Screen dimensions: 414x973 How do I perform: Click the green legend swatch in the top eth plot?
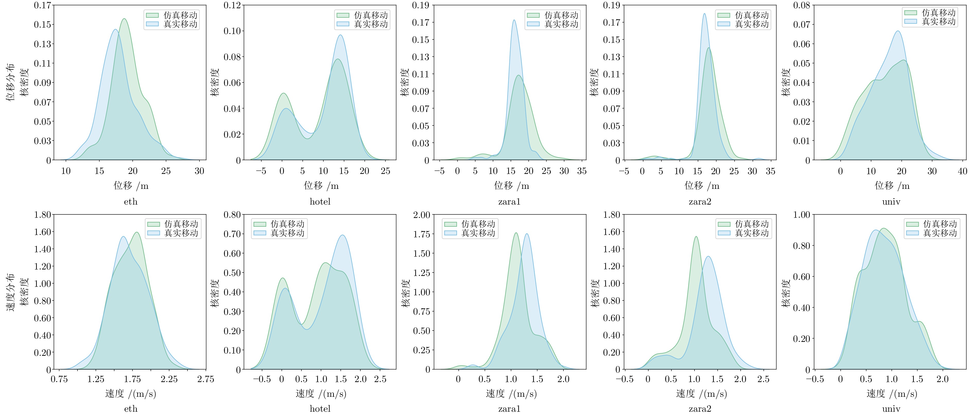[x=152, y=15]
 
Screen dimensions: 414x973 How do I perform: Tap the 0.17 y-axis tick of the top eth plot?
[x=42, y=5]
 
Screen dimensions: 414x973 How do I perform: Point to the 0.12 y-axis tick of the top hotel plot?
[x=232, y=5]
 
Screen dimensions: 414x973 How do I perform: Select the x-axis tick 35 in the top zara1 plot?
[x=582, y=171]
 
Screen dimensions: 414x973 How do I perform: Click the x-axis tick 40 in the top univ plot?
[x=962, y=171]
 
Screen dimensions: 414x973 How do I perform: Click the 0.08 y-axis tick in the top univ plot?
[x=802, y=5]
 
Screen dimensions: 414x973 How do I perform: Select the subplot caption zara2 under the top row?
[x=700, y=201]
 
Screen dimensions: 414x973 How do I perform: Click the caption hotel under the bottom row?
[x=320, y=409]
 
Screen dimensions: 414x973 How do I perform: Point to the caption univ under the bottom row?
[x=891, y=409]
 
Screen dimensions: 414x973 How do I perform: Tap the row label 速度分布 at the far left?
[x=10, y=292]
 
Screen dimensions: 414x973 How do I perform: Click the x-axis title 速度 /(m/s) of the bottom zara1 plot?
[x=511, y=394]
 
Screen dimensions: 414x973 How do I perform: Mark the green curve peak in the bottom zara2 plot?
[x=696, y=237]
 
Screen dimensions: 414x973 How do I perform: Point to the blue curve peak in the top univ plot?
[x=898, y=31]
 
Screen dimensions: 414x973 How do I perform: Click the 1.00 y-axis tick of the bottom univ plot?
[x=802, y=215]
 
